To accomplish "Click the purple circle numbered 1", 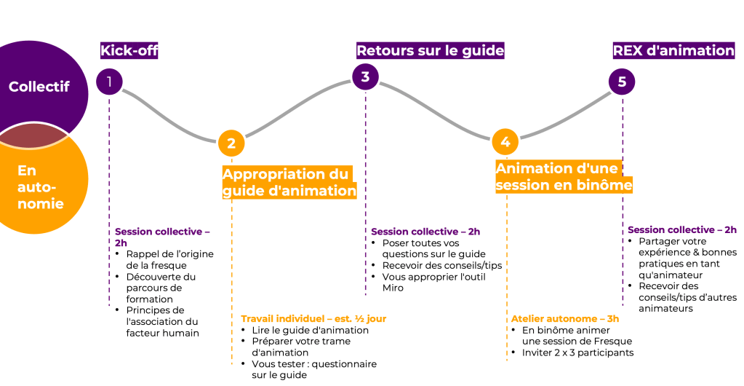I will (x=109, y=81).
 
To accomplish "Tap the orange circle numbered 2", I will (x=231, y=143).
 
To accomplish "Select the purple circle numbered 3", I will (x=365, y=76).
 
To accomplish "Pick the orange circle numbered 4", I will (x=505, y=141).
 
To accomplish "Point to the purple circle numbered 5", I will (x=622, y=82).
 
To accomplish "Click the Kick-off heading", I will (x=129, y=50).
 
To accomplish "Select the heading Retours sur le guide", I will (x=430, y=50).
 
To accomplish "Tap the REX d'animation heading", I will (x=673, y=50).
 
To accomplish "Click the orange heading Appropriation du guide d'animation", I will (x=289, y=182).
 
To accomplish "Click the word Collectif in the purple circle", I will (x=39, y=87).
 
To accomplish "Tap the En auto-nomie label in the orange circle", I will (x=40, y=187).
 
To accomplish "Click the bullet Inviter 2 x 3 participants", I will (x=577, y=352).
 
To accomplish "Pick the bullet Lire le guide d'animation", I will (x=310, y=330).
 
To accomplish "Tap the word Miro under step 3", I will (x=393, y=288).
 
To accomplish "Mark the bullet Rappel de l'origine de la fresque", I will (x=170, y=259).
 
